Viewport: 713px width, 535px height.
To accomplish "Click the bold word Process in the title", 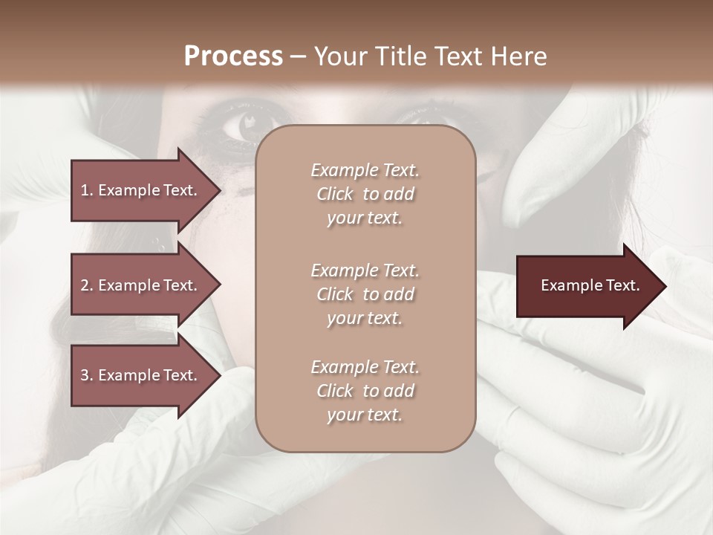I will [233, 56].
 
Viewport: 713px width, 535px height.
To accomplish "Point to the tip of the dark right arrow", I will [665, 286].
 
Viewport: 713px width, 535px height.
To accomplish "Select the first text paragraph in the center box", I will [365, 194].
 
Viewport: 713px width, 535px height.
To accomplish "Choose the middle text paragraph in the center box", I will [365, 294].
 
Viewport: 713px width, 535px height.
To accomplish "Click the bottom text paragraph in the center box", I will [365, 391].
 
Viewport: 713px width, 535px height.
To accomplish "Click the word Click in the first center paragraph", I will [335, 194].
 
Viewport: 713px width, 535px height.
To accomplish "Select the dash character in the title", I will [298, 56].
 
